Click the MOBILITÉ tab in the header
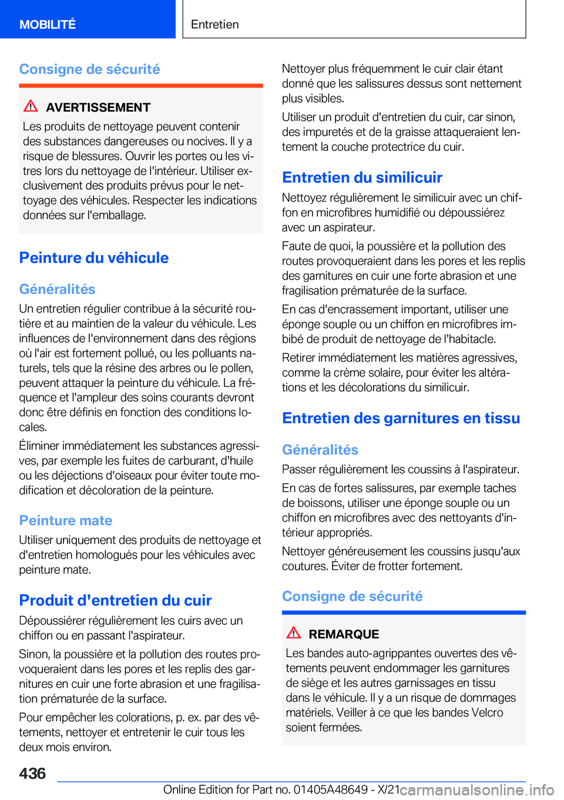(x=48, y=24)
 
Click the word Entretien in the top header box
(x=215, y=24)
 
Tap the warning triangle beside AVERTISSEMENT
(x=31, y=106)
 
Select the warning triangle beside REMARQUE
(x=293, y=633)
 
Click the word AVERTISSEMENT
(x=98, y=107)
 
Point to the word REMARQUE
(x=344, y=634)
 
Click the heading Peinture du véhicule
(x=94, y=258)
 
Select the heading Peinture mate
(x=66, y=520)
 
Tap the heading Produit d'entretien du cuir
(x=115, y=600)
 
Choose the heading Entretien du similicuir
(x=362, y=177)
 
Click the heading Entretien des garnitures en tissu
(x=401, y=418)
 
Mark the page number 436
(x=32, y=774)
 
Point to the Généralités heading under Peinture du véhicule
(x=57, y=289)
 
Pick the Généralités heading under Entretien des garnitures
(x=320, y=450)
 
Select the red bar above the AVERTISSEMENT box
(x=141, y=85)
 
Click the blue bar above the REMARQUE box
(x=404, y=613)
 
